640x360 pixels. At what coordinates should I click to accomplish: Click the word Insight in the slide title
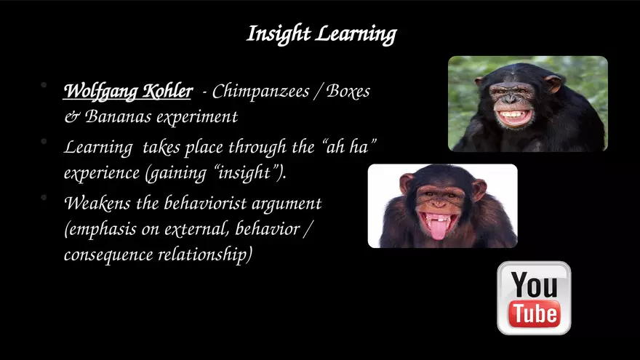pos(279,34)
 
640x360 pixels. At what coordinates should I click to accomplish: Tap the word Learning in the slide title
pos(356,34)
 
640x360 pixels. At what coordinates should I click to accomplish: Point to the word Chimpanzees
pos(261,92)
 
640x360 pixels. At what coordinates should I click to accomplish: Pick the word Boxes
pos(348,91)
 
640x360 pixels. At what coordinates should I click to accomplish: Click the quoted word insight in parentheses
pos(244,172)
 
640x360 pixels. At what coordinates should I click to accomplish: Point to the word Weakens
pos(97,203)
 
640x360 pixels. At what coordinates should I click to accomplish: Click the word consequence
pos(108,255)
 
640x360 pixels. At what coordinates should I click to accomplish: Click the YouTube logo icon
pos(534,298)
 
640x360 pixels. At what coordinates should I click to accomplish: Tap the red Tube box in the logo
pos(534,314)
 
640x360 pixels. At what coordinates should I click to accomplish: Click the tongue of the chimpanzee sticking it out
pos(438,230)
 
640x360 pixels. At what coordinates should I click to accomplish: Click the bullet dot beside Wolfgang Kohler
pos(44,85)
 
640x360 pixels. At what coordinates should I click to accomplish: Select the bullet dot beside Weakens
pos(44,197)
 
